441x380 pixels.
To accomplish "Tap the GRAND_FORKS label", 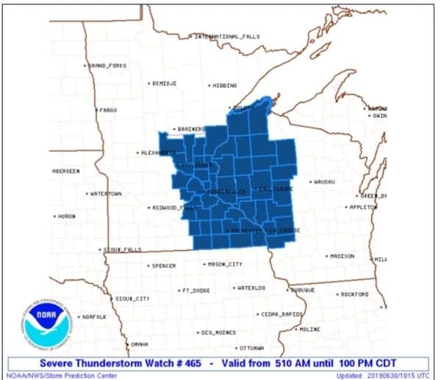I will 107,65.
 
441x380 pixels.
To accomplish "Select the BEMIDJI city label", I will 164,84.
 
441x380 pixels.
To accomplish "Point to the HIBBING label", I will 224,86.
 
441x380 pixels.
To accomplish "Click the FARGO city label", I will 108,110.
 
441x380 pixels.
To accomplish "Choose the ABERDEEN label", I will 66,171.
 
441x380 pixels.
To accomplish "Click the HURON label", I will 66,216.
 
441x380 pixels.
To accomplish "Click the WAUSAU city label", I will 323,181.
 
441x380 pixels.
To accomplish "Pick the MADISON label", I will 342,256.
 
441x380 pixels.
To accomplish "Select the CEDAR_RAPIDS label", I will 282,314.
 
